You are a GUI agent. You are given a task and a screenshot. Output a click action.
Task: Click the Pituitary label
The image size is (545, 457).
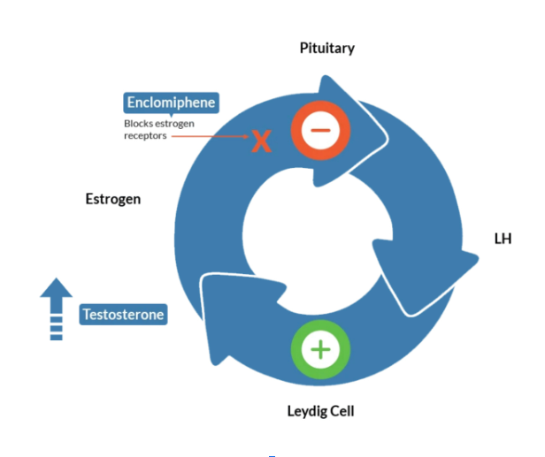327,49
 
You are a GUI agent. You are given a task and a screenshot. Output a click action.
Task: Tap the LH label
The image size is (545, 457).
503,239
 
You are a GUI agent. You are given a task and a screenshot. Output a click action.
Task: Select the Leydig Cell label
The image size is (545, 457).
320,412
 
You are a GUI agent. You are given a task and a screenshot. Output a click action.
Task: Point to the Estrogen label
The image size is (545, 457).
113,200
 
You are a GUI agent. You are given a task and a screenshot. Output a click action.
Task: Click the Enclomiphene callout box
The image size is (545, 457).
171,103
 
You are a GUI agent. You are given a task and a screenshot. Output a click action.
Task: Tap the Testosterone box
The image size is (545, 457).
123,315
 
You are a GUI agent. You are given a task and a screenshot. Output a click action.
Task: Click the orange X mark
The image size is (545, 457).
261,141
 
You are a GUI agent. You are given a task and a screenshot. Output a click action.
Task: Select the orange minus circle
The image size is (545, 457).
320,130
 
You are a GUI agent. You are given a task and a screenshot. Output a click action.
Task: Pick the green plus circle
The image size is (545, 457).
320,349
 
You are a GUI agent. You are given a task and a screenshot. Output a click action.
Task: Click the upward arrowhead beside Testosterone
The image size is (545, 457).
57,288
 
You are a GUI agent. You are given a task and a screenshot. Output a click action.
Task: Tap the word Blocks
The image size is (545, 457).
138,124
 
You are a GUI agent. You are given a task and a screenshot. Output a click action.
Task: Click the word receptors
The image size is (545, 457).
145,136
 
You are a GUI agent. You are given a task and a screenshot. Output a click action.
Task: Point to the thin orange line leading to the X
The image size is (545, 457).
210,136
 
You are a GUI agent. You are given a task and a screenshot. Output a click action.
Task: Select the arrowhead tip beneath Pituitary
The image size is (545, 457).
387,138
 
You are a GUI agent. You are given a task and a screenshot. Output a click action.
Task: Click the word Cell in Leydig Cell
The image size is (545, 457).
342,411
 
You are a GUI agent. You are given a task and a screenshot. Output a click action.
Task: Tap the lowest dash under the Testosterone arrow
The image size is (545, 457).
57,338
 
